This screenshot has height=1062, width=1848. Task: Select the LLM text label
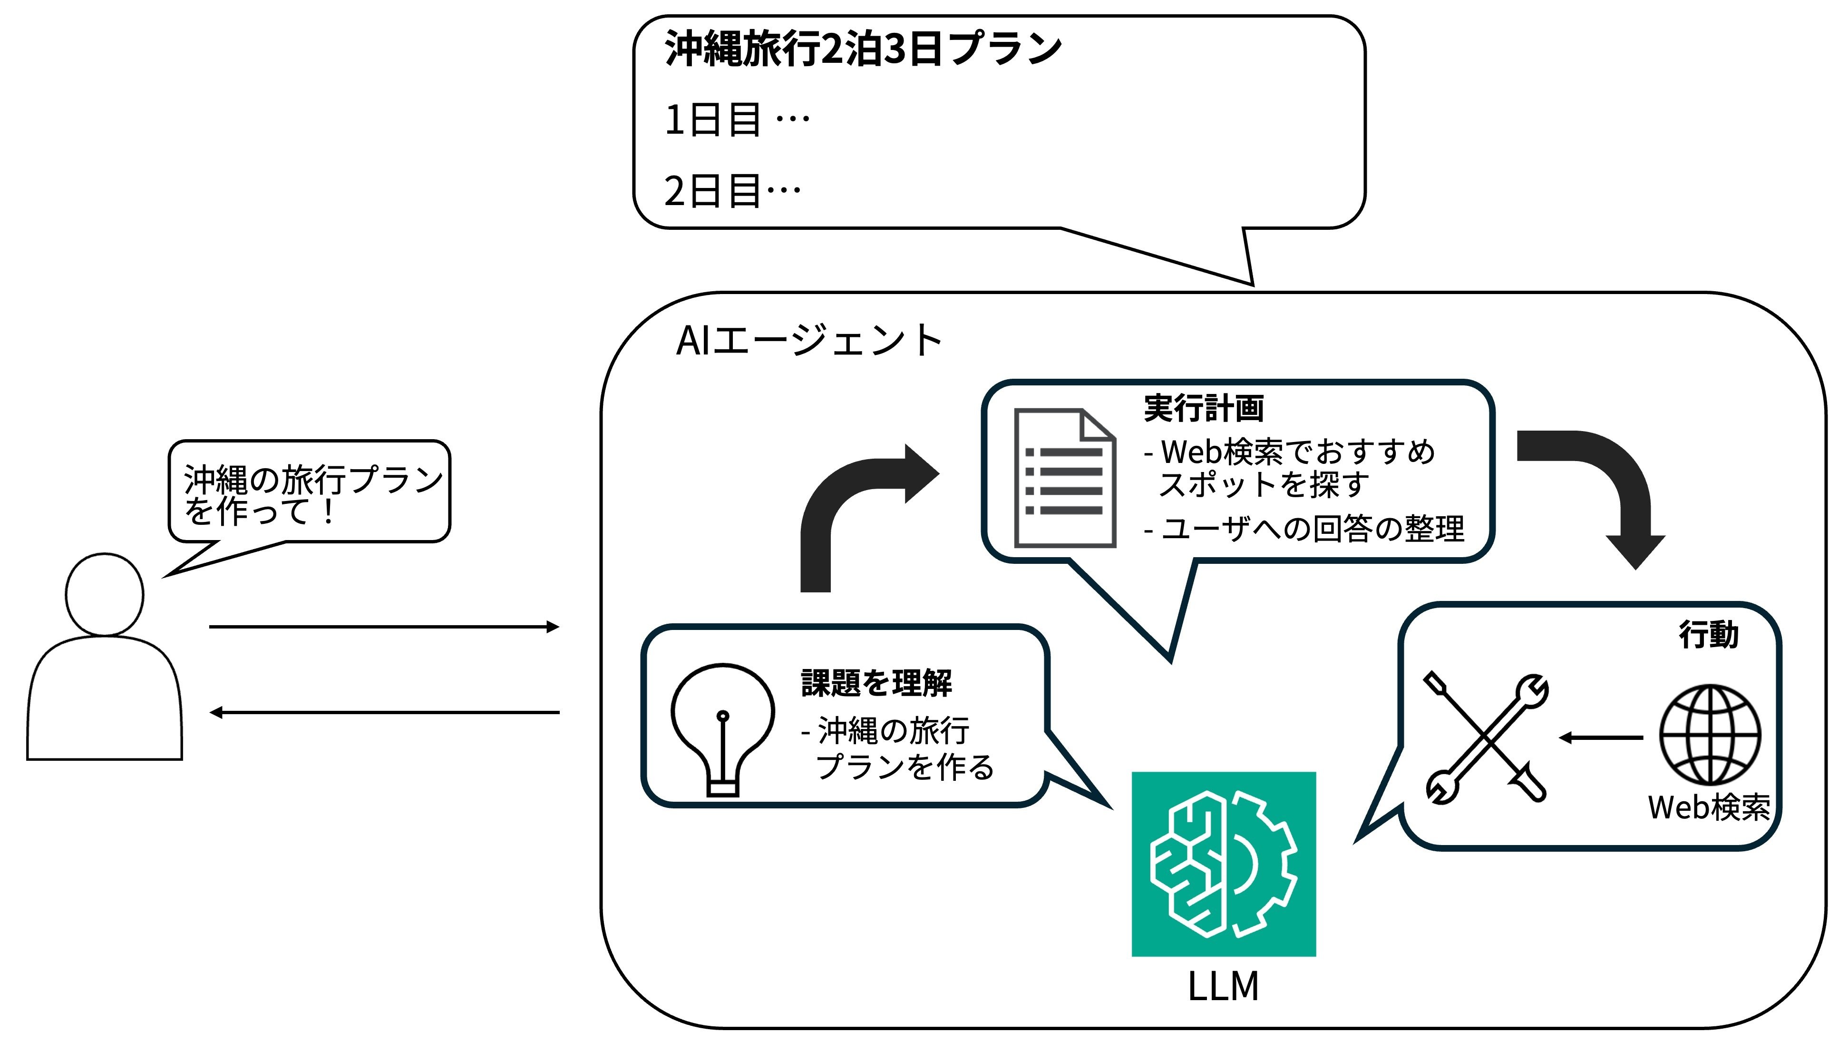click(1223, 987)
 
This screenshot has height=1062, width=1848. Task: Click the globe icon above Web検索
click(1710, 735)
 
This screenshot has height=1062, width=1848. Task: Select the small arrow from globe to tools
click(1601, 737)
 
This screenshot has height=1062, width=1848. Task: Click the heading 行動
click(1708, 635)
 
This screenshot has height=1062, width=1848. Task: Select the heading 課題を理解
click(876, 683)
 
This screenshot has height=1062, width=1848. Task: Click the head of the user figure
click(104, 594)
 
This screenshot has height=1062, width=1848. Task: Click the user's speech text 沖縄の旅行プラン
click(313, 479)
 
